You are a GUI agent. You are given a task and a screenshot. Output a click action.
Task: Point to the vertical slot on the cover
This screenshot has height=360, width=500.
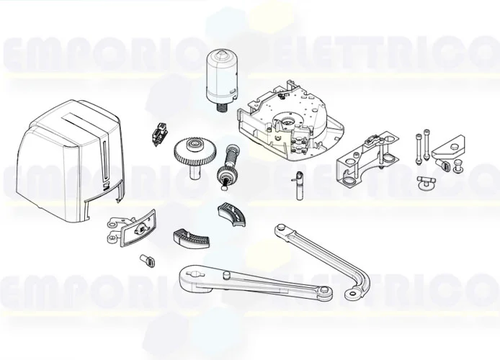click(x=104, y=154)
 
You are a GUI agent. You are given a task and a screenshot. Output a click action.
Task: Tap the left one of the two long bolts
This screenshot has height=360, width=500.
click(x=416, y=147)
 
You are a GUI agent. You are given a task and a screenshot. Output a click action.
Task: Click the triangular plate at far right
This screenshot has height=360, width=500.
click(x=450, y=148)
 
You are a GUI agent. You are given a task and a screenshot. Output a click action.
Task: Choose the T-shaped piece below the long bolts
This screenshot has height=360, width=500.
click(x=425, y=182)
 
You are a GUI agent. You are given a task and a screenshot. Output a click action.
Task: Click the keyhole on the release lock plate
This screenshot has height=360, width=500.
click(x=141, y=228)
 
